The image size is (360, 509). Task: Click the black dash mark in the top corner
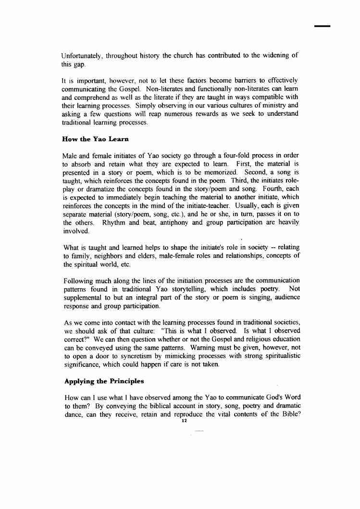pyautogui.click(x=323, y=25)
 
